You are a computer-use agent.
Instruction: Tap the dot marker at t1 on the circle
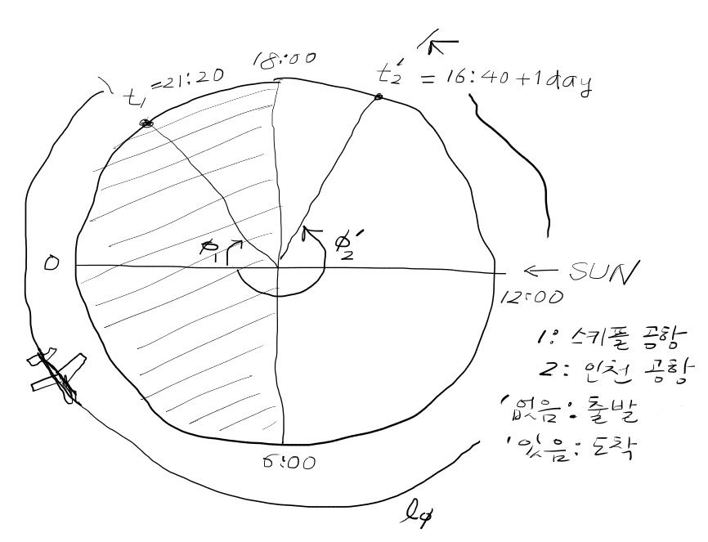(146, 123)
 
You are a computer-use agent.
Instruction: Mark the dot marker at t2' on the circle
(379, 98)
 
